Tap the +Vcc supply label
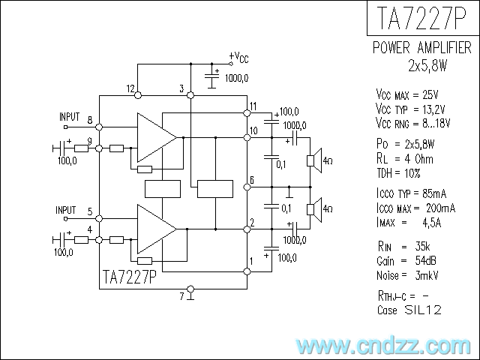tap(238, 57)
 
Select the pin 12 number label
tap(131, 89)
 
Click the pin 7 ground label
tap(181, 296)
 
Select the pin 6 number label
tap(252, 180)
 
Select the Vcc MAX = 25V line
tap(407, 95)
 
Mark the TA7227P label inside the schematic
tap(128, 278)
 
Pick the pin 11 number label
tap(254, 105)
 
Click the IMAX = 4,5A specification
tap(409, 222)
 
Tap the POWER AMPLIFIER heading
tap(422, 49)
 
